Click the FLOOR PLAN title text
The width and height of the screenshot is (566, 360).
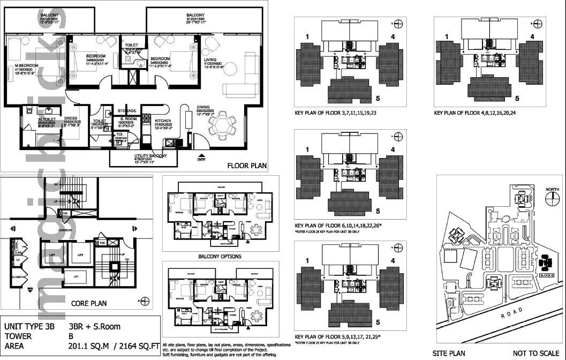pyautogui.click(x=247, y=166)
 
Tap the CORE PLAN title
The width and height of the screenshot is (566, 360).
pyautogui.click(x=89, y=303)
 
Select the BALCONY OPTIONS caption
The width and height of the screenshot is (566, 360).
pyautogui.click(x=220, y=257)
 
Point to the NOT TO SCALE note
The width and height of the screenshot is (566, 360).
pyautogui.click(x=535, y=354)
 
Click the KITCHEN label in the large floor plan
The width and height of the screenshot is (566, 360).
pyautogui.click(x=163, y=121)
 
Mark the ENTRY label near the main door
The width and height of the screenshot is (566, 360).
pyautogui.click(x=201, y=159)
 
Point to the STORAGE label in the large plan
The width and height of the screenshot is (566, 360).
pyautogui.click(x=127, y=110)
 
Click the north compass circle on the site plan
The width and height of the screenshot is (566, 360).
pyautogui.click(x=552, y=197)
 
